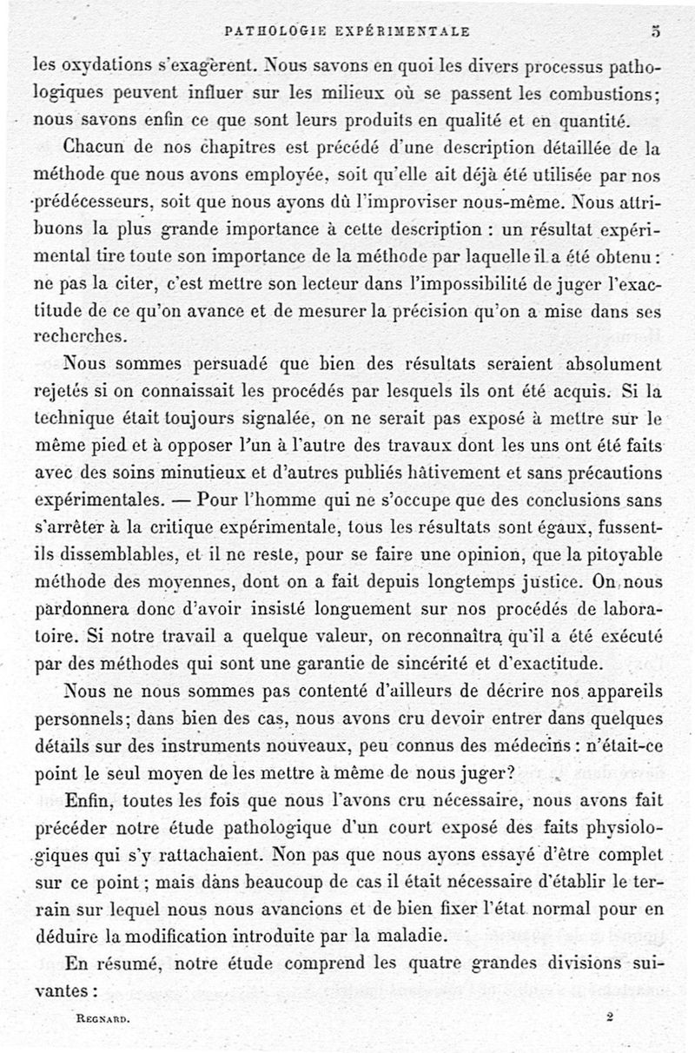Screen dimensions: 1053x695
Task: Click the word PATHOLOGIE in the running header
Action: point(266,31)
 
